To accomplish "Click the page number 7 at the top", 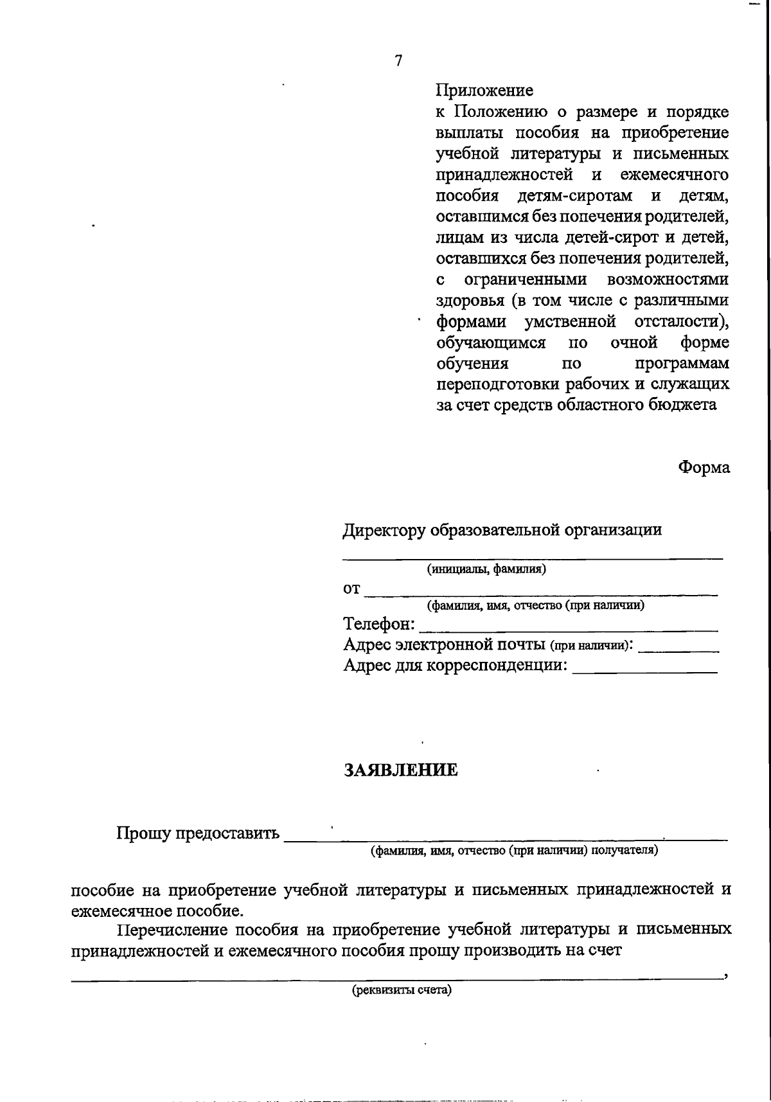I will coord(398,61).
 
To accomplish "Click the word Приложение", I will coord(484,91).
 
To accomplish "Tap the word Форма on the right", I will coord(704,467).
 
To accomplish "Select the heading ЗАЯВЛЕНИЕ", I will coord(401,770).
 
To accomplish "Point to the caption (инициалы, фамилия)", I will coord(486,569).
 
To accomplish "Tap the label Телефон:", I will coord(379,625).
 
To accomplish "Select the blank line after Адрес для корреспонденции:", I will coord(644,671).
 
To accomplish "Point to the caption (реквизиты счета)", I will coord(402,990).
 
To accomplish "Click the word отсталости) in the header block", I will coord(681,321).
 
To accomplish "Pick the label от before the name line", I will coord(351,589).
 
